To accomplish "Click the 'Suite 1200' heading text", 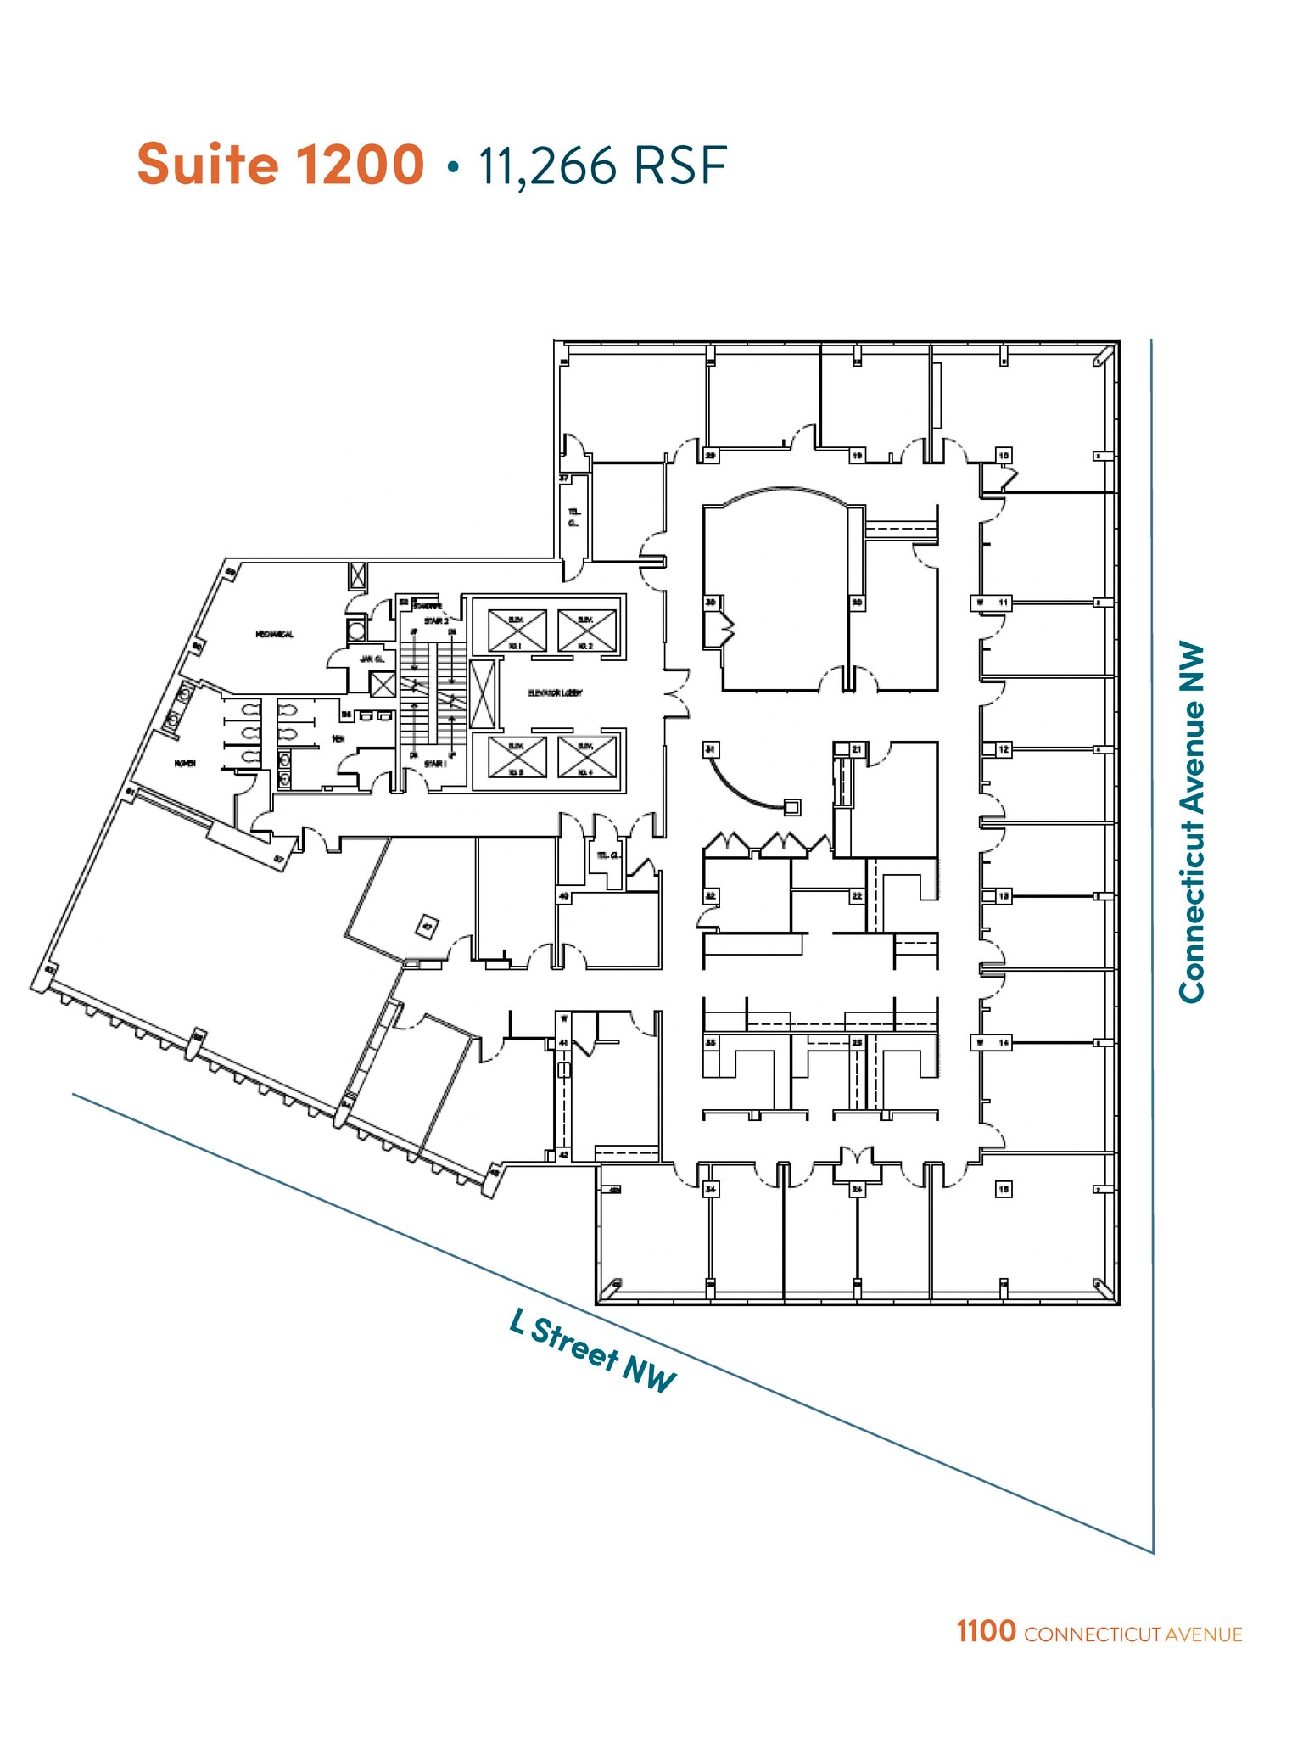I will coord(281,164).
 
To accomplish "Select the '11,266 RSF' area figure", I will coord(601,165).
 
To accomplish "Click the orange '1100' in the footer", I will coord(986,1631).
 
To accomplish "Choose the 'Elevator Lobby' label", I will coord(555,693).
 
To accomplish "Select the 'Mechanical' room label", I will coord(275,634).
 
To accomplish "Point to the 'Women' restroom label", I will coord(185,764).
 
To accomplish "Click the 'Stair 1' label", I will coord(434,764).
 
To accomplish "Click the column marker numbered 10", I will coord(1004,456).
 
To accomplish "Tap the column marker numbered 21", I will coord(857,749).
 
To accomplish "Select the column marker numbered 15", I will coord(1004,1190).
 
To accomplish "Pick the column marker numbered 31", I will coord(711,749).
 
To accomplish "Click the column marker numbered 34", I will coord(711,1190).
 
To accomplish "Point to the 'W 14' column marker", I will coord(993,1042).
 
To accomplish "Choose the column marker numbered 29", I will coord(711,456).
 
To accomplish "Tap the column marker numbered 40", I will coord(563,896).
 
